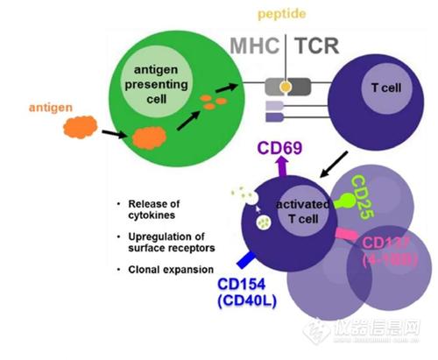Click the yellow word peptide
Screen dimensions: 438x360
click(x=282, y=14)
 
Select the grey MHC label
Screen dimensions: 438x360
click(x=255, y=46)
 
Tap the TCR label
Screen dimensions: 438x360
click(x=317, y=46)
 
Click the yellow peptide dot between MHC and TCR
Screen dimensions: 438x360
click(x=286, y=87)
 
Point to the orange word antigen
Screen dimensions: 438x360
click(x=51, y=108)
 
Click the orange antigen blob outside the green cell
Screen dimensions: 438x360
click(x=81, y=127)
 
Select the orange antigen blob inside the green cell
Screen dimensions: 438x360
click(x=149, y=138)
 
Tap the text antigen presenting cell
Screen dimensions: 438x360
click(x=156, y=84)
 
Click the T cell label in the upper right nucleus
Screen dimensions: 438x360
click(x=386, y=88)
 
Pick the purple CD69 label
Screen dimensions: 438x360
click(x=279, y=148)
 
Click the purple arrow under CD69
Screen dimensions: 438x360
click(x=282, y=166)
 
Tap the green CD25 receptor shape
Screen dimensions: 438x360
click(x=344, y=201)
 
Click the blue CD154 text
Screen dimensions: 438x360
click(x=242, y=284)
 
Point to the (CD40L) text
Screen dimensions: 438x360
click(x=247, y=301)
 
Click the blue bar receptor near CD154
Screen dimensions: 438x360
click(x=246, y=260)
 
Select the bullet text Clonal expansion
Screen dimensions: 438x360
click(x=171, y=270)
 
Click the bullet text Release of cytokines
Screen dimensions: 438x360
click(x=154, y=209)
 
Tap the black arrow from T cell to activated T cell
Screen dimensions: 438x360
click(x=334, y=164)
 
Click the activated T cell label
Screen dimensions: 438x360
click(x=303, y=212)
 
